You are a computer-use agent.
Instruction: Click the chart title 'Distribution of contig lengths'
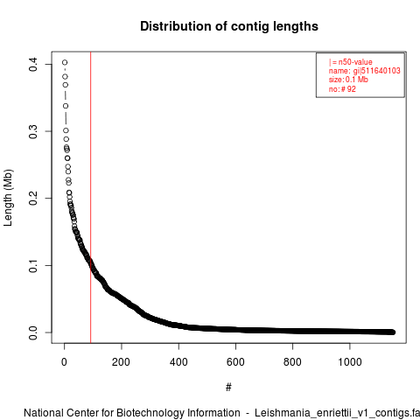pos(229,26)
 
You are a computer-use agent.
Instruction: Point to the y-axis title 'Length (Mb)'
pos(8,198)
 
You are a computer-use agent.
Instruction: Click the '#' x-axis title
pos(228,387)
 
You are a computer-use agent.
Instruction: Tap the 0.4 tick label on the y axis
pos(33,64)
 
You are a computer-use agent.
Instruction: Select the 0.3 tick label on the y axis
pos(33,131)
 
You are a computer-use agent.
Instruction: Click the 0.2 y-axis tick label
pos(33,199)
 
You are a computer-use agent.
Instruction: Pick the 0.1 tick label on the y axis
pos(33,265)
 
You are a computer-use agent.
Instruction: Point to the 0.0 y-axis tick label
pos(33,332)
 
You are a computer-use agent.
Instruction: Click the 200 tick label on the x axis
pos(121,362)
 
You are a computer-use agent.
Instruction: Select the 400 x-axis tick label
pos(178,362)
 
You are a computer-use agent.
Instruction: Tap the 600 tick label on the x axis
pos(235,362)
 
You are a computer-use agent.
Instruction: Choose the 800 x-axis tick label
pos(292,362)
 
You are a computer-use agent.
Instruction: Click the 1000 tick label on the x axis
pos(350,362)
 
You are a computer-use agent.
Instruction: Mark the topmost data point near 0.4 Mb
pos(65,62)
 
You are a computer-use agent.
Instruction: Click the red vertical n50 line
pos(91,198)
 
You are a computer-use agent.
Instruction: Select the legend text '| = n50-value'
pos(351,62)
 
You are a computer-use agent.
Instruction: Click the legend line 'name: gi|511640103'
pos(365,71)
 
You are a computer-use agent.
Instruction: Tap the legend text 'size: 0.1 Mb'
pos(348,80)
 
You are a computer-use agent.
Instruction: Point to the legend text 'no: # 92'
pos(342,89)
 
